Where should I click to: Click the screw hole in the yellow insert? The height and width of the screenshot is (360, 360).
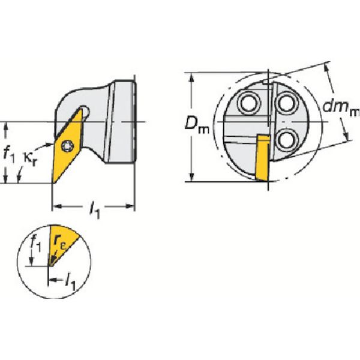(67, 146)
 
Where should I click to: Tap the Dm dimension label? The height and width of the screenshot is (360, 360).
(197, 126)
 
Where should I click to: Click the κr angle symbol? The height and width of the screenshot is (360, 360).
(30, 157)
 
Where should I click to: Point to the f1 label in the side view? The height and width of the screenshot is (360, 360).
(9, 155)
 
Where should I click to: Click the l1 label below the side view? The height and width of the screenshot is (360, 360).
(95, 210)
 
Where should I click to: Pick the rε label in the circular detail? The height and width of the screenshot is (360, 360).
(59, 242)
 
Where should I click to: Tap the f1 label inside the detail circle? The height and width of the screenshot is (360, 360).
(36, 244)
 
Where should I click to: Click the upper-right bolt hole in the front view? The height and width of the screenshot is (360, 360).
(287, 103)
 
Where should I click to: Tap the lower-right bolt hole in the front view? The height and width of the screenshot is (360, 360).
(287, 140)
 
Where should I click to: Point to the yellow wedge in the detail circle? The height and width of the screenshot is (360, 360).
(62, 244)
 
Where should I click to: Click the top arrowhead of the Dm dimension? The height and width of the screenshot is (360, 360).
(192, 77)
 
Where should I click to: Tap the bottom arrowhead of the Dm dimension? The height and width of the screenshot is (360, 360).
(192, 176)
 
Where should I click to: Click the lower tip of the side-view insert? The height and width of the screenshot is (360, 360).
(53, 183)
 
